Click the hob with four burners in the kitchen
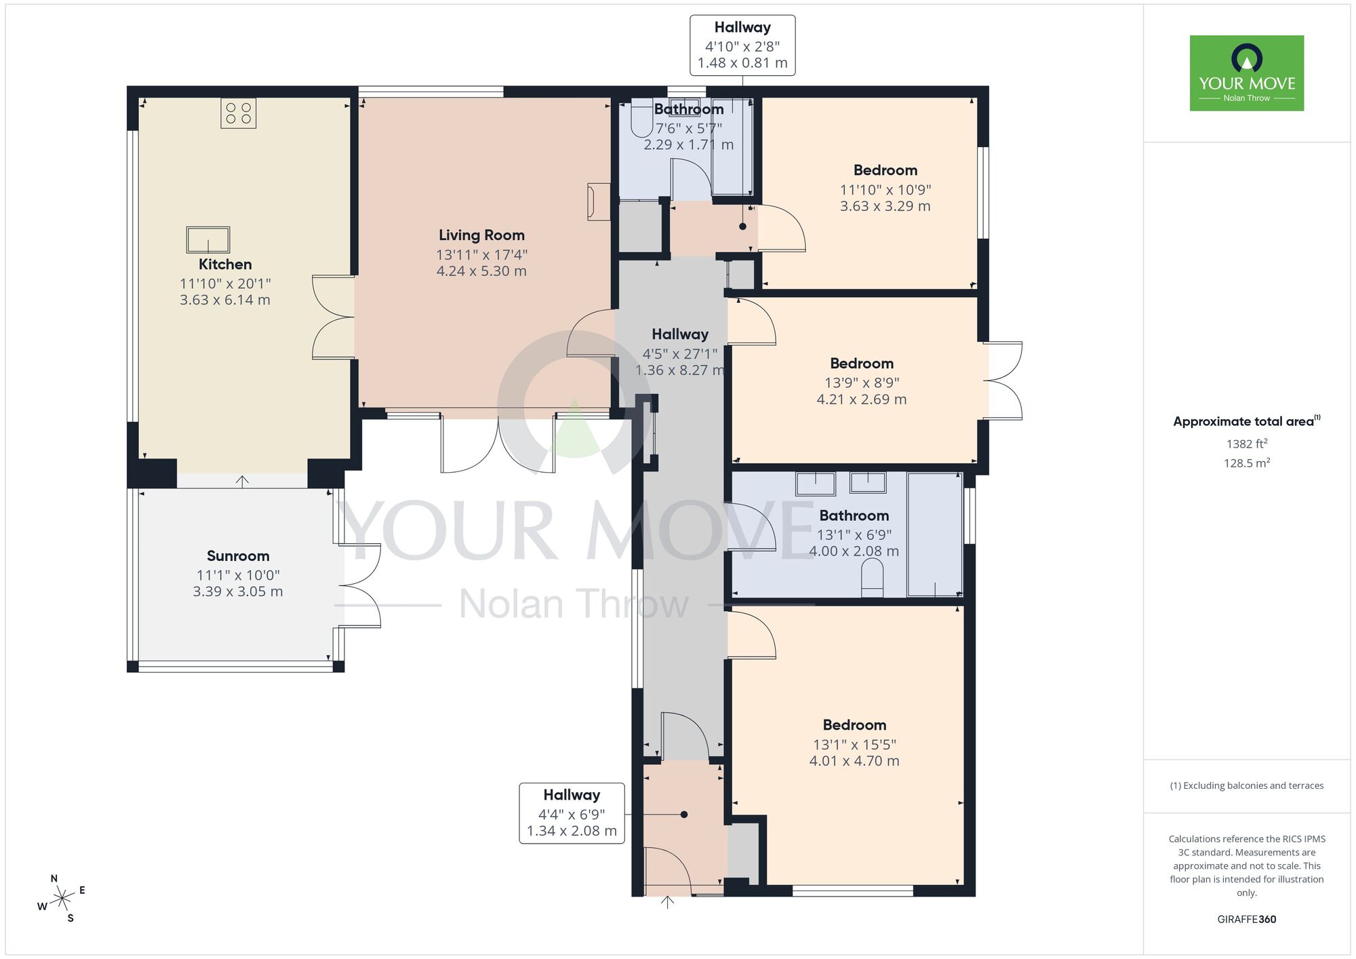pyautogui.click(x=238, y=113)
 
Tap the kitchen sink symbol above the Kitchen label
pyautogui.click(x=208, y=239)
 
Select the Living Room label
pyautogui.click(x=481, y=235)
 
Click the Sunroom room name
pyautogui.click(x=238, y=556)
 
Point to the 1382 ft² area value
pyautogui.click(x=1246, y=444)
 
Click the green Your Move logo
pyautogui.click(x=1246, y=73)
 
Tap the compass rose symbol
pyautogui.click(x=62, y=899)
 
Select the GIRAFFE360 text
pyautogui.click(x=1246, y=920)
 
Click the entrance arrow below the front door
pyautogui.click(x=667, y=902)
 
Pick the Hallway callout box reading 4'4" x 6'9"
pyautogui.click(x=572, y=813)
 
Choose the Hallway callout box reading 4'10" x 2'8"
pyautogui.click(x=742, y=45)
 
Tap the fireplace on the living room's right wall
pyautogui.click(x=598, y=201)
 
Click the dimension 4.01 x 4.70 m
pyautogui.click(x=854, y=761)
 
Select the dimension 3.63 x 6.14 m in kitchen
pyautogui.click(x=225, y=300)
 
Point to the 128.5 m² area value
pyautogui.click(x=1246, y=463)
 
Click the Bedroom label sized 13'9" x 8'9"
pyautogui.click(x=861, y=364)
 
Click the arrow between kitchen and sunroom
pyautogui.click(x=242, y=481)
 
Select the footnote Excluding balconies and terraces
pyautogui.click(x=1246, y=785)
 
